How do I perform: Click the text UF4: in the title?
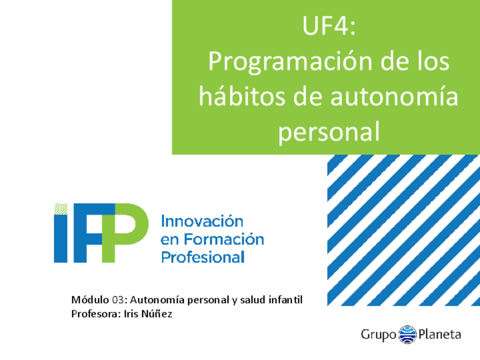click(329, 25)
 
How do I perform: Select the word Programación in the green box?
click(290, 62)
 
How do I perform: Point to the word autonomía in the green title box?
click(395, 96)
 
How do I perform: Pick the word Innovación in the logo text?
click(202, 221)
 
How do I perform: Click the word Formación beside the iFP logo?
click(224, 239)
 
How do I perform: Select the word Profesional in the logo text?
click(203, 257)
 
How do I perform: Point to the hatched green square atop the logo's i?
click(61, 209)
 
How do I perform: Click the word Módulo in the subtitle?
click(90, 299)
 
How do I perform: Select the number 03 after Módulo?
click(118, 300)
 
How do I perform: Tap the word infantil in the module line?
click(285, 299)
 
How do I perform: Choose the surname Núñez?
click(157, 314)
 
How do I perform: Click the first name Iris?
click(131, 314)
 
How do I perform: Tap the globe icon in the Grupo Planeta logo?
click(408, 335)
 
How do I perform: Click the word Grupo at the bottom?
click(379, 335)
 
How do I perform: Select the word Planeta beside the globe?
click(440, 334)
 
